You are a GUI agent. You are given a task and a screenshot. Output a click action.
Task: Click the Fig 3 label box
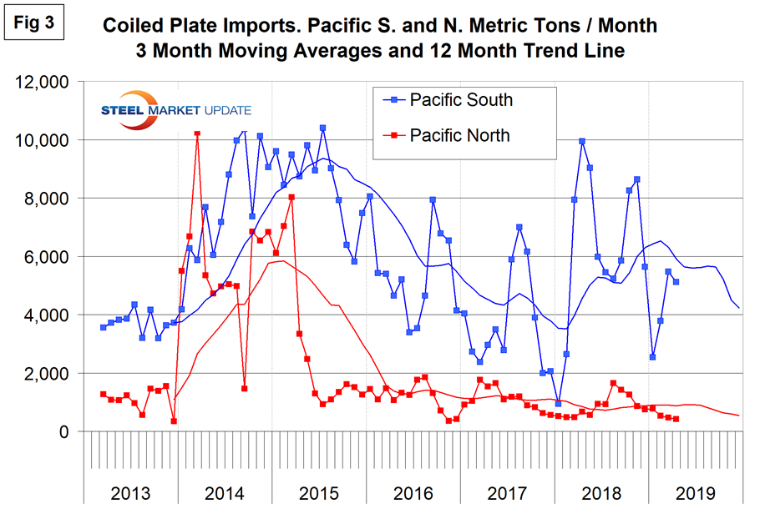click(33, 23)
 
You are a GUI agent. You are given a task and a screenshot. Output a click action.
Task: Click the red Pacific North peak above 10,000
click(197, 133)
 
